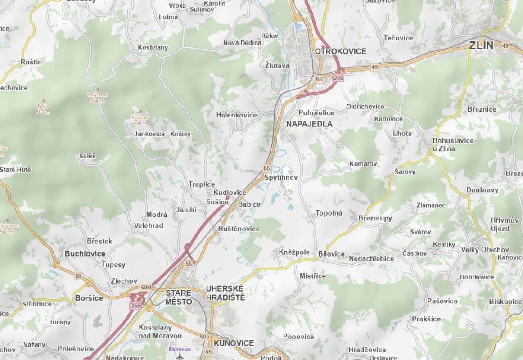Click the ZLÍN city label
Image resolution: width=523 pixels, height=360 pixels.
(x=481, y=45)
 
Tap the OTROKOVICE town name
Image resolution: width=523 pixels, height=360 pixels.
(x=340, y=51)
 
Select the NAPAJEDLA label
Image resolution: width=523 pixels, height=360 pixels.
(x=309, y=124)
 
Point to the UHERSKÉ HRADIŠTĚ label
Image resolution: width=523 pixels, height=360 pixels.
(x=225, y=293)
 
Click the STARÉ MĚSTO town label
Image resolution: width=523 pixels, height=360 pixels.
(x=179, y=297)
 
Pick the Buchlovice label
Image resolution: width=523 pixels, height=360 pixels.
(x=85, y=253)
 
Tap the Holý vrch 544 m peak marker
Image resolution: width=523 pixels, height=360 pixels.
(x=97, y=90)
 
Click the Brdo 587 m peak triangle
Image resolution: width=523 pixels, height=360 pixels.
(x=44, y=101)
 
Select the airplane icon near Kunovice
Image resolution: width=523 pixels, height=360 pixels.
(x=180, y=356)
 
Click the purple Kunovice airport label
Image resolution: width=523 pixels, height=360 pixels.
(x=180, y=349)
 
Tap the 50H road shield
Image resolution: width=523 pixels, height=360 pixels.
(x=146, y=287)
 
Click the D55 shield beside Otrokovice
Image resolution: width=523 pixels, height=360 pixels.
(x=338, y=78)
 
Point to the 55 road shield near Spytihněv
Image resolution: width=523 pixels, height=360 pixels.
(x=266, y=168)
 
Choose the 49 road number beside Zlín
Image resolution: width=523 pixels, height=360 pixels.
(x=505, y=46)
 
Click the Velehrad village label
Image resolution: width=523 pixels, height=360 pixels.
(x=149, y=225)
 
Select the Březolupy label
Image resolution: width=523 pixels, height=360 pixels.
(x=375, y=218)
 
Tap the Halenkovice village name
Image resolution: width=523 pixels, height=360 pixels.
(x=236, y=115)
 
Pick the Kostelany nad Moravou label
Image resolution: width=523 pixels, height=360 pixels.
(x=160, y=331)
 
